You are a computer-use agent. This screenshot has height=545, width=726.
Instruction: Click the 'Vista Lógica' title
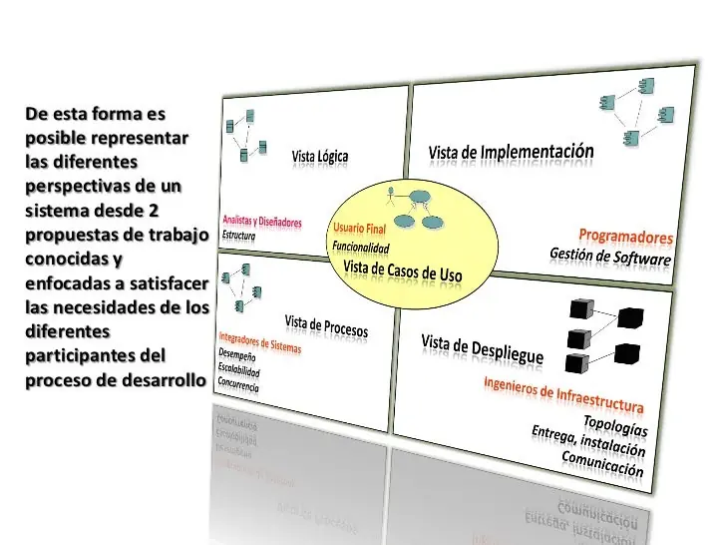coord(320,156)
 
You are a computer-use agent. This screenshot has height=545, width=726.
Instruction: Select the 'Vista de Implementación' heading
coord(512,152)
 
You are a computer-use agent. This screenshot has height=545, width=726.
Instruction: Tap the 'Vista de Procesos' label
coord(326,326)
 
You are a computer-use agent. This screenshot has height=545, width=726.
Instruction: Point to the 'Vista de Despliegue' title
coord(482,349)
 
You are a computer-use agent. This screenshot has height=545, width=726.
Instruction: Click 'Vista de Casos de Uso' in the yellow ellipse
coord(402,271)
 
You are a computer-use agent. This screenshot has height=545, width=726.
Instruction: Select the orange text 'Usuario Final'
coord(359,228)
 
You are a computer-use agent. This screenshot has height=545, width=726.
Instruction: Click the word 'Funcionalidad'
coord(361,247)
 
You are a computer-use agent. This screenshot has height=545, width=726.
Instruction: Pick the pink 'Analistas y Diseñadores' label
coord(262,221)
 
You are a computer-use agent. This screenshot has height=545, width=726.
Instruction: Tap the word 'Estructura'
coord(239,235)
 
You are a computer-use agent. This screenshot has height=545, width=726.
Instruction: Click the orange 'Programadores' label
coord(626,237)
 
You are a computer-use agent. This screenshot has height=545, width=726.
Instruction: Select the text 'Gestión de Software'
coord(610,257)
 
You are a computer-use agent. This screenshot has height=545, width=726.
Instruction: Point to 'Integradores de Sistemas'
coord(259,342)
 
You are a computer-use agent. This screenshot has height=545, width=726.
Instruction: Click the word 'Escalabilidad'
coord(239,369)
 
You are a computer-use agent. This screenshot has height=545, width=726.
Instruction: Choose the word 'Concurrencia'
coord(238,383)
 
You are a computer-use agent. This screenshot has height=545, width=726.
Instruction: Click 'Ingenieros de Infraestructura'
coord(563,394)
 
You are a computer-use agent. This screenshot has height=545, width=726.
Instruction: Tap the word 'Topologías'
coord(615,425)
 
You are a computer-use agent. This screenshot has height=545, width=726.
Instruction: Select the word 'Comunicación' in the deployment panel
coord(602,463)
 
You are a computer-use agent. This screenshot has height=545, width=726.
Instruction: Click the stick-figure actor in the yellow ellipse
coord(391,196)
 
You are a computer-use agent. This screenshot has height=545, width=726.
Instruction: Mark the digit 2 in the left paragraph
coord(154,211)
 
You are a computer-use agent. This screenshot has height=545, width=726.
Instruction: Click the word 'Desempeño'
coord(237,355)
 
